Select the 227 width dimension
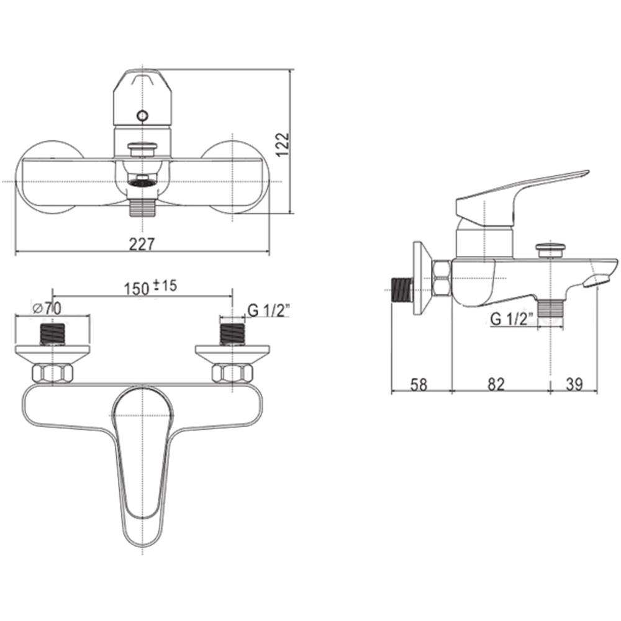pos(142,244)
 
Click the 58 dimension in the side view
pos(419,384)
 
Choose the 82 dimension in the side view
pos(495,384)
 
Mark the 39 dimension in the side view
pos(574,384)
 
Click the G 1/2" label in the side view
pos(512,319)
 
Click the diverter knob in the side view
pos(551,249)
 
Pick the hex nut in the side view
pos(442,279)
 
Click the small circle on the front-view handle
pos(142,116)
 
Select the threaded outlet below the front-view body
pos(142,206)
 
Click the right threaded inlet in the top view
pos(232,333)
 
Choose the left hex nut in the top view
pos(52,374)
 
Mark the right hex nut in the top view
pos(232,374)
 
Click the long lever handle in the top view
pos(142,460)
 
